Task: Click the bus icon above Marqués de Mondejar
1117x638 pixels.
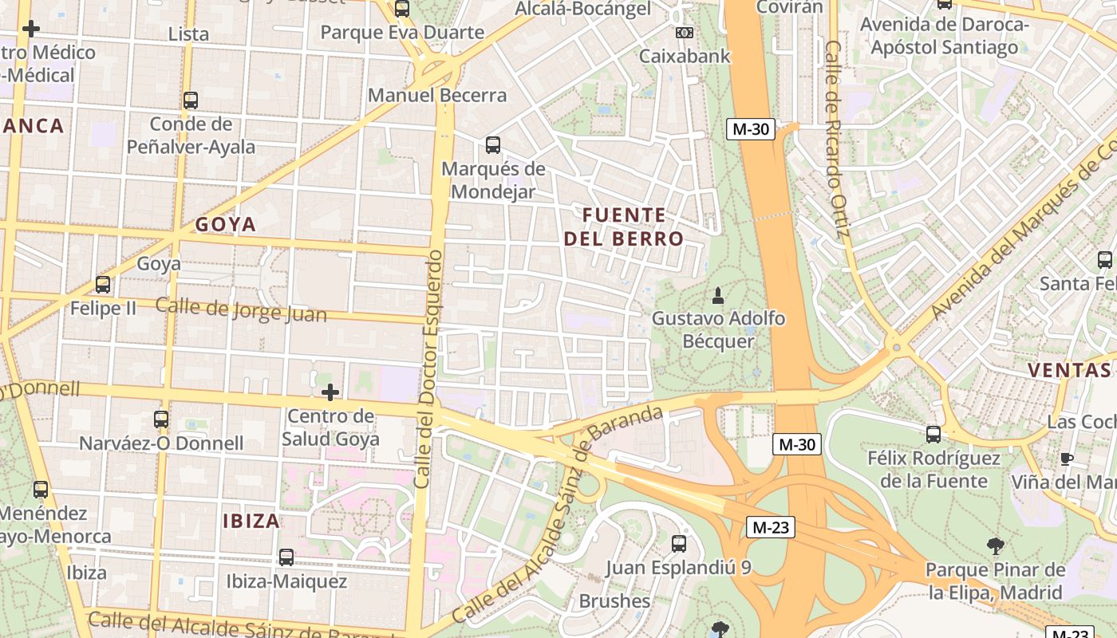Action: click(x=493, y=145)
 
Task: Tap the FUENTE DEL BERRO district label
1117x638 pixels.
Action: click(x=624, y=226)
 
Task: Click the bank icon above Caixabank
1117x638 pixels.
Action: click(x=684, y=33)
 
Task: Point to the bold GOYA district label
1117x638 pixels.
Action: click(x=226, y=225)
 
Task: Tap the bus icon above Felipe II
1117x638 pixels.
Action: click(x=103, y=285)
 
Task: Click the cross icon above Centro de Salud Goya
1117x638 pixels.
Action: click(x=330, y=392)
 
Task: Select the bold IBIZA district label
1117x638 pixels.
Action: click(x=251, y=522)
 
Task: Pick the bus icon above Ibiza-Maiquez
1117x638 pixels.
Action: click(x=286, y=557)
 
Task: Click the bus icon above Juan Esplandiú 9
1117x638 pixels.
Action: click(x=679, y=544)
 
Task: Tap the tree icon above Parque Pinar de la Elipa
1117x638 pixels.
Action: click(x=995, y=546)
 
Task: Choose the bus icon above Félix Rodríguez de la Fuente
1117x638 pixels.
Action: click(x=933, y=435)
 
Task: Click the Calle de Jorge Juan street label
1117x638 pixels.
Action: click(x=241, y=309)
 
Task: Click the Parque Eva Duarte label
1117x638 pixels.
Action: click(x=402, y=33)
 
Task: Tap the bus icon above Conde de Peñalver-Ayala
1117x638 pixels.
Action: click(x=191, y=100)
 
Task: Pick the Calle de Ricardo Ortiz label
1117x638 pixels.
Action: click(x=836, y=140)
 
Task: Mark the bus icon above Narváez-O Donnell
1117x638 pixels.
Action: click(x=161, y=419)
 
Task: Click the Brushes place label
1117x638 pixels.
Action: click(x=614, y=601)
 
